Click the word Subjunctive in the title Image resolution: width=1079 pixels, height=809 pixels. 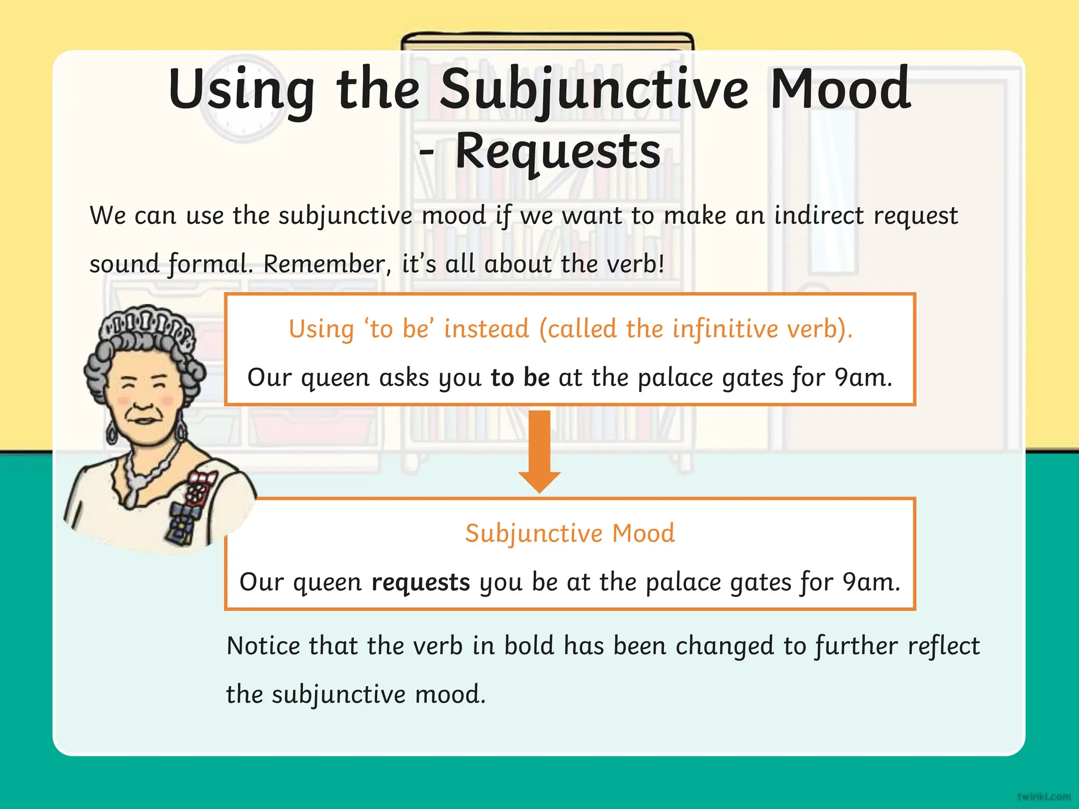tap(594, 91)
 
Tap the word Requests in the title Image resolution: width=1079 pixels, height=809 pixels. tap(557, 152)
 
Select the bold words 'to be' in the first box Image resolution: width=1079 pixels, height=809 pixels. tap(520, 377)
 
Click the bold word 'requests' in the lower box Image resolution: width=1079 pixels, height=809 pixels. tap(420, 582)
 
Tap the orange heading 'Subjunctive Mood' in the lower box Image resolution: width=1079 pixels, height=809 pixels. tap(570, 533)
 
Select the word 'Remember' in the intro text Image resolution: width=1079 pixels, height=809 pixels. tap(323, 264)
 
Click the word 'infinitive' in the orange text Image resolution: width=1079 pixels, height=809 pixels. tap(725, 329)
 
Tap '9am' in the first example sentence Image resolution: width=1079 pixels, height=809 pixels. tap(863, 377)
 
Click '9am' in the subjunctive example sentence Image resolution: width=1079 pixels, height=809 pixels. tap(870, 582)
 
